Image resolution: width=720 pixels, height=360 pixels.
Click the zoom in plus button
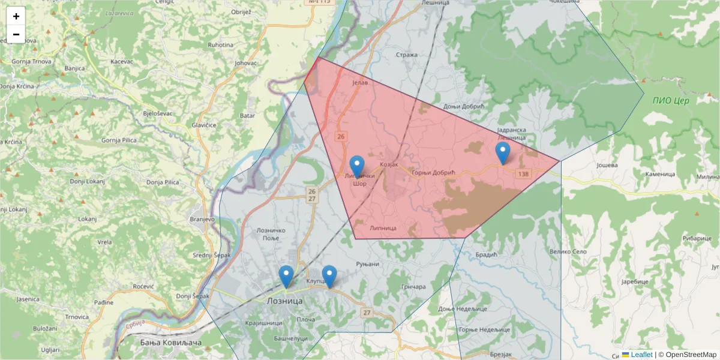tap(16, 16)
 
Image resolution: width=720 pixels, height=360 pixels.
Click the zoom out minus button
tap(16, 34)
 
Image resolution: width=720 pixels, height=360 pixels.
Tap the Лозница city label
tap(284, 301)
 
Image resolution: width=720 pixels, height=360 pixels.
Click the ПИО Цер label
tap(671, 100)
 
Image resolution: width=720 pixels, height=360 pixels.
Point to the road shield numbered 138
tap(523, 173)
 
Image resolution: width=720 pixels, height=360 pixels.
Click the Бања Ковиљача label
tap(170, 343)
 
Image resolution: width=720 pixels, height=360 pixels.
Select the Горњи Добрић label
tap(433, 173)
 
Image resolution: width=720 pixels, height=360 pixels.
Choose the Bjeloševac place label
tap(158, 113)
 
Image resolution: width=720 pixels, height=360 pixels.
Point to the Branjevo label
tap(202, 219)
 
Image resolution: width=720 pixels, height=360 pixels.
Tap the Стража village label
tap(406, 55)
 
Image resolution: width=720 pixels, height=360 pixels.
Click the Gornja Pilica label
tap(119, 140)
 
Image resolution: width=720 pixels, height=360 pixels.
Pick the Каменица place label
tap(660, 174)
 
